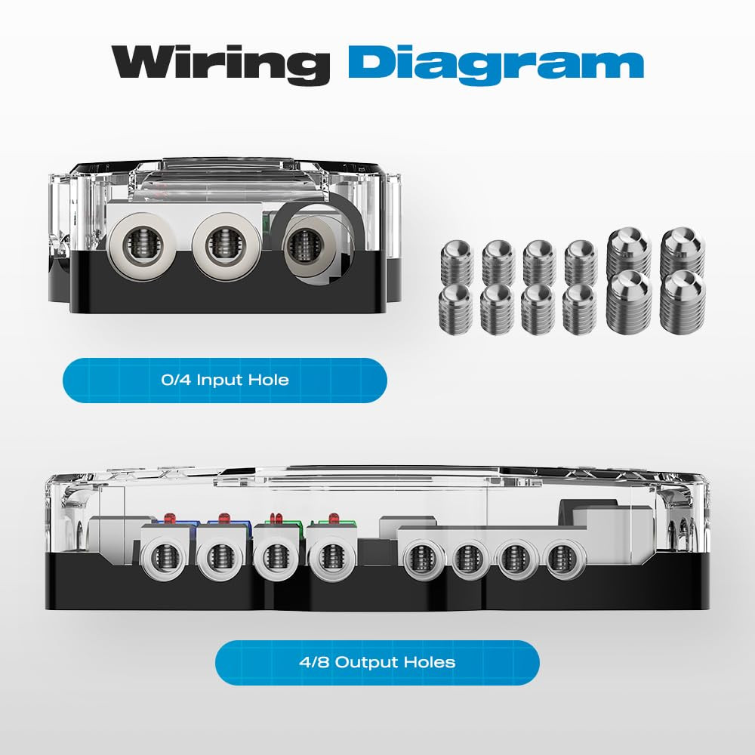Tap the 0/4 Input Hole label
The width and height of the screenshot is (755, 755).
tap(225, 380)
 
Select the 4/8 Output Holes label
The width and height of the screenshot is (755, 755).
tap(377, 662)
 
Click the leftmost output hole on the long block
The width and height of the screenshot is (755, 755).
tap(164, 559)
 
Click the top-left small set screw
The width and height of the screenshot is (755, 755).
tap(457, 263)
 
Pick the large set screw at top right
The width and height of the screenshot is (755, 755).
tap(683, 253)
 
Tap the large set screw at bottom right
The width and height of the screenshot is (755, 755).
tap(683, 301)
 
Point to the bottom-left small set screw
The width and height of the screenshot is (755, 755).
tap(455, 309)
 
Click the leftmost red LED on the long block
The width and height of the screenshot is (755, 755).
tap(169, 519)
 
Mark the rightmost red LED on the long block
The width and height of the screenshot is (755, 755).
tap(333, 519)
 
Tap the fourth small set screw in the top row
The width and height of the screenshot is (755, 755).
tap(581, 263)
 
